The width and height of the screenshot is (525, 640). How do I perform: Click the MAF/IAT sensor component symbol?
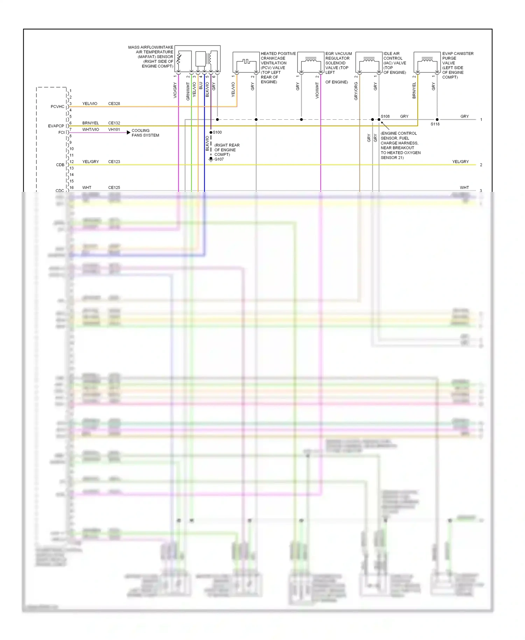197,59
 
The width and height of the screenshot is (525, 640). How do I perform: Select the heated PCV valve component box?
246,62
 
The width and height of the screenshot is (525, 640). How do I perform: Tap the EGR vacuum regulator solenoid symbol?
310,62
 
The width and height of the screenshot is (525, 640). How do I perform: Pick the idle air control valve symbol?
369,62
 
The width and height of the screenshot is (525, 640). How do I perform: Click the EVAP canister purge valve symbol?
427,62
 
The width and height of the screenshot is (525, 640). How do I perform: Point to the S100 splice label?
217,132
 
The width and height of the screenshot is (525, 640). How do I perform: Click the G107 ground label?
219,159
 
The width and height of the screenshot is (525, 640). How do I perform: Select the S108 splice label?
385,116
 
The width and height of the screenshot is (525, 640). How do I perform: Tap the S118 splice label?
435,124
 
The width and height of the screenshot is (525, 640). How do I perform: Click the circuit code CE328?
114,104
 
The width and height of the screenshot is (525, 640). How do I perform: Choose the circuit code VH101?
114,130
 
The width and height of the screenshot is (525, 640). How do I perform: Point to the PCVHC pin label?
57,107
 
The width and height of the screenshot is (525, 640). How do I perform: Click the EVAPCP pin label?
56,126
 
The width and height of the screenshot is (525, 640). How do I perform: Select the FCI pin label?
61,133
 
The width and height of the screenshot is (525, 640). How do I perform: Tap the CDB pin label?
60,165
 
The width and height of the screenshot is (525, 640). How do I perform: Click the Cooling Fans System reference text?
145,133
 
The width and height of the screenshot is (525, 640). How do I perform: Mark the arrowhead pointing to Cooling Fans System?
129,133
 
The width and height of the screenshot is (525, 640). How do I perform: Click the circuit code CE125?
114,188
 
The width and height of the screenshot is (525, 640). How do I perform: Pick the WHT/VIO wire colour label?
91,130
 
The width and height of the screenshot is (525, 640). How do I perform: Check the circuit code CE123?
114,162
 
